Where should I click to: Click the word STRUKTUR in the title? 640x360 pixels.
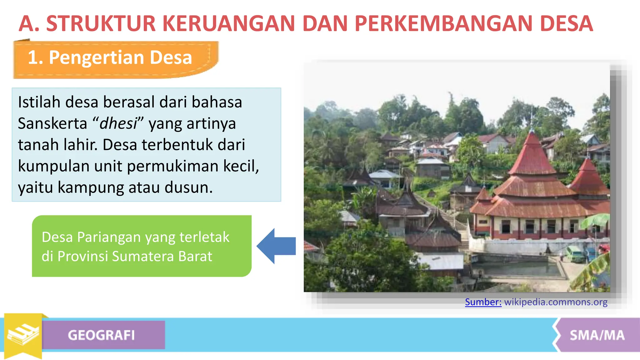tap(101, 23)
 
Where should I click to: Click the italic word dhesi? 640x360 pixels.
tap(118, 123)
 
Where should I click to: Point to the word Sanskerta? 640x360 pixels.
tap(52, 123)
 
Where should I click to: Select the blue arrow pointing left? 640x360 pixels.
tap(276, 246)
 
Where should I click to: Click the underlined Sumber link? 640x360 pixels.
tap(483, 302)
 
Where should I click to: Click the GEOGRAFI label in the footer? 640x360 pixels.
tap(101, 335)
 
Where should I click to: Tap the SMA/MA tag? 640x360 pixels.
tap(597, 335)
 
